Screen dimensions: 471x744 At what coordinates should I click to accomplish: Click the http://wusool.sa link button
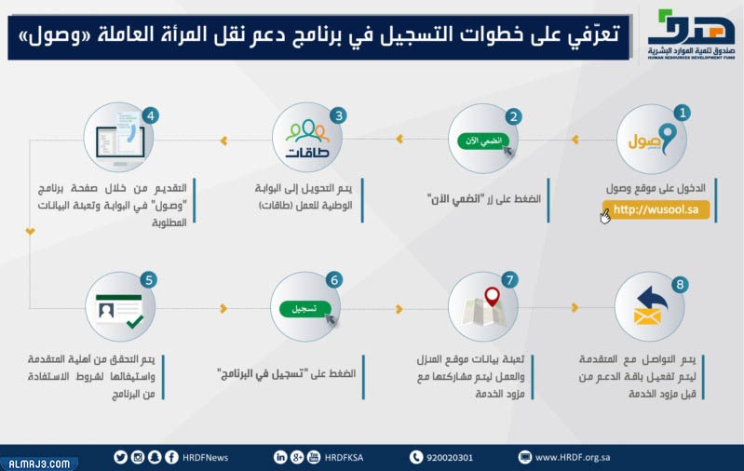point(656,210)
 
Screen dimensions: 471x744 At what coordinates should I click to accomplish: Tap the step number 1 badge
point(682,113)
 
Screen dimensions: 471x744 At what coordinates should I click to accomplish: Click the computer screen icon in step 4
point(118,141)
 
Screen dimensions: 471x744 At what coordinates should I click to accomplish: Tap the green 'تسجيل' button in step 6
point(303,307)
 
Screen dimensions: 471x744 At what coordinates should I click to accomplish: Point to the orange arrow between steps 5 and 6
point(223,308)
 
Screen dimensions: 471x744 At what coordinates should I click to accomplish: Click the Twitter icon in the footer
point(120,456)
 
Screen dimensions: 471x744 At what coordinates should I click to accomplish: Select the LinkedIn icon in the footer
point(280,456)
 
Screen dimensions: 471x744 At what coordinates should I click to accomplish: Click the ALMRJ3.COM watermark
point(37,463)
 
